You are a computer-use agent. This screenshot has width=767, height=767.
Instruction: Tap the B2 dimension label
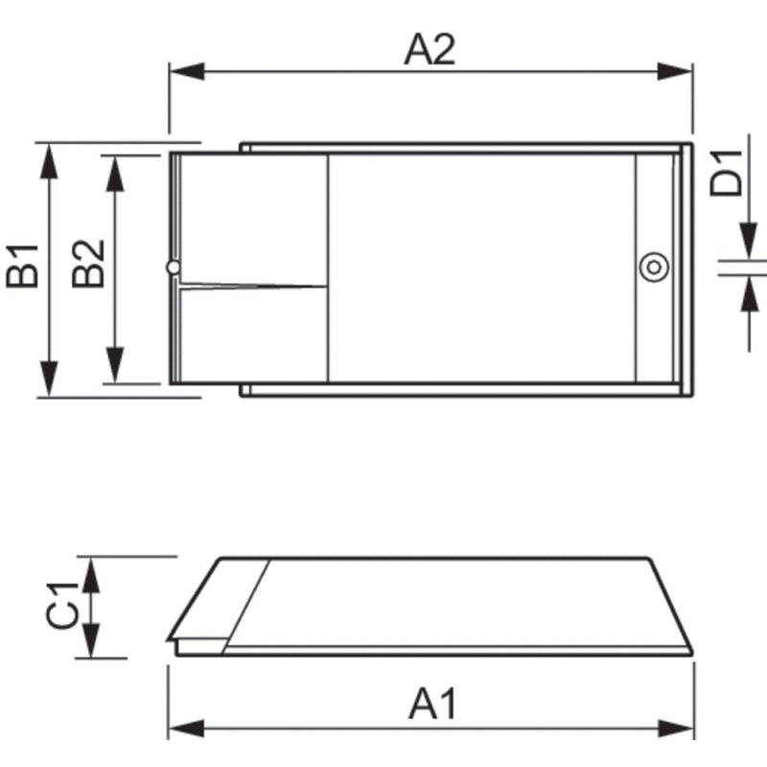coord(89,266)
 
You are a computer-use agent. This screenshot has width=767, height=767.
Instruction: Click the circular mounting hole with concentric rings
coord(654,267)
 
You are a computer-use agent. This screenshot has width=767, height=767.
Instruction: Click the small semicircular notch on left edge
coord(173,267)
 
